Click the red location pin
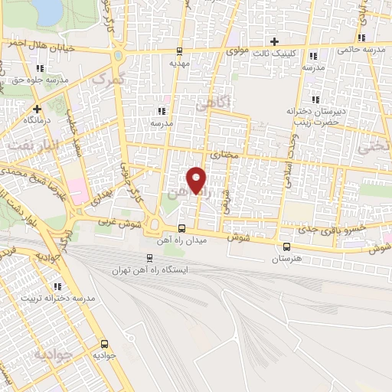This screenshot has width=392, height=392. [x=197, y=179]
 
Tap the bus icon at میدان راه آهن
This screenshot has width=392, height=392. [x=181, y=228]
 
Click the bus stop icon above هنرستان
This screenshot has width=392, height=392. [x=286, y=246]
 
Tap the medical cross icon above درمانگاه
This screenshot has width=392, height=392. [x=37, y=109]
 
